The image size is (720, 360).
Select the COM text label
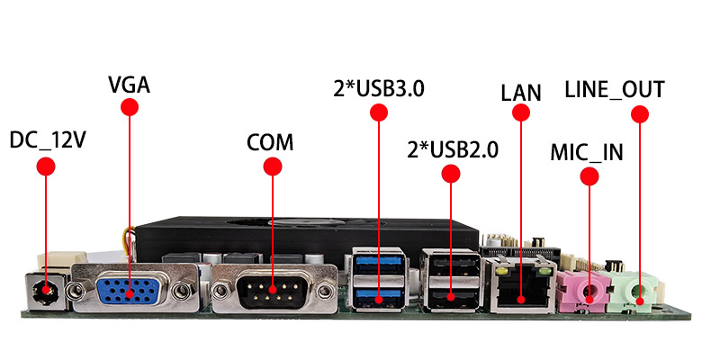[x=271, y=142]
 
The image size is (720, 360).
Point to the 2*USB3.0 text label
[x=378, y=89]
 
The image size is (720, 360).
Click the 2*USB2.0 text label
[x=453, y=148]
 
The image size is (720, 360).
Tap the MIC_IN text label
[x=587, y=150]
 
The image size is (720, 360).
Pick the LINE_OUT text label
[x=615, y=89]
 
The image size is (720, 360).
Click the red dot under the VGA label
[x=129, y=107]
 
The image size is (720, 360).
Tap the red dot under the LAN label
[x=520, y=112]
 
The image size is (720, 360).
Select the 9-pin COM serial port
[x=273, y=292]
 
